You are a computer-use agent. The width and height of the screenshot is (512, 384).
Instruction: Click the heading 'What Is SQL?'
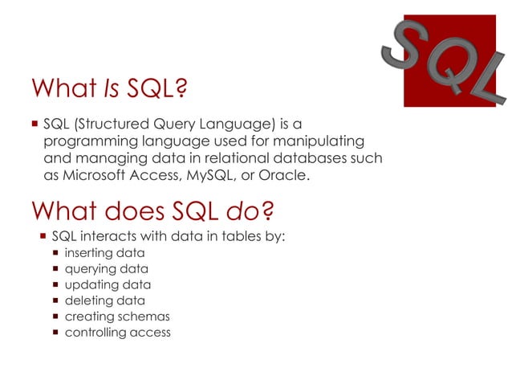[x=108, y=89]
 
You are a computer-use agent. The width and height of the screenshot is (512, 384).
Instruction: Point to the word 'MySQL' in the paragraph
[x=208, y=174]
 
